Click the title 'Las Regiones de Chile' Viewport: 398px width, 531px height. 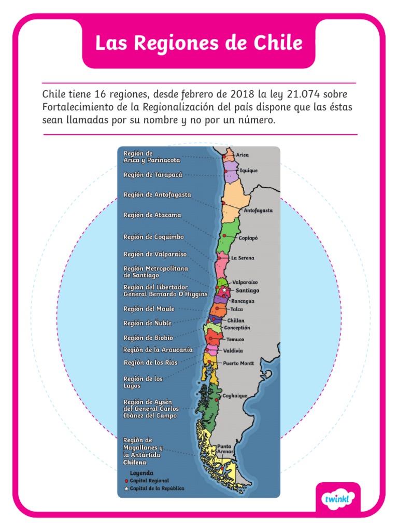point(198,43)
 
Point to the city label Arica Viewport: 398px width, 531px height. point(243,155)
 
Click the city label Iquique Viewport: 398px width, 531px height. point(248,171)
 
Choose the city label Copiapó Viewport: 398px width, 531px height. point(248,238)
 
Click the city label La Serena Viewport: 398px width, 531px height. point(243,258)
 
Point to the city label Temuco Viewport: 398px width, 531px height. point(235,340)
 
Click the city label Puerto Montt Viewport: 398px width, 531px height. point(239,364)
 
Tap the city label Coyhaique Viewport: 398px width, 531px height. point(235,396)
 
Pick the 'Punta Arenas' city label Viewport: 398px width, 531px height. point(224,449)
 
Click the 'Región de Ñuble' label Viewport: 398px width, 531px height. point(147,324)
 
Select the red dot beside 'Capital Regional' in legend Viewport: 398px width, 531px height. point(126,481)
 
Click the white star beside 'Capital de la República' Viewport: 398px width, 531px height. point(126,488)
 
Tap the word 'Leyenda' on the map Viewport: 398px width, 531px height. point(141,473)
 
